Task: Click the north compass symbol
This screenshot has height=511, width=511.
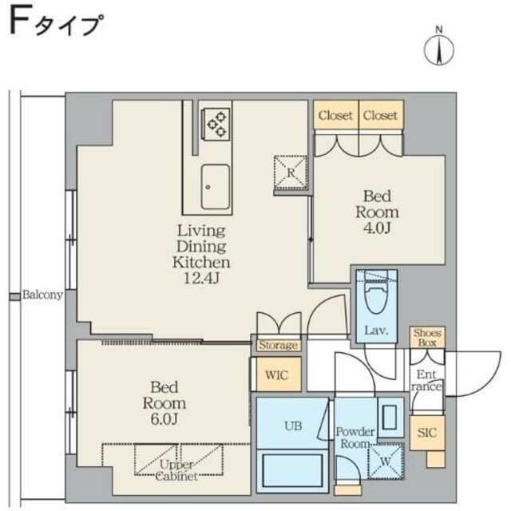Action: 438,47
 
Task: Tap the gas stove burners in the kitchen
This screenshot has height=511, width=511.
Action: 216,123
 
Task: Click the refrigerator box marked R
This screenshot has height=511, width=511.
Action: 291,172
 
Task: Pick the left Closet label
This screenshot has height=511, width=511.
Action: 335,116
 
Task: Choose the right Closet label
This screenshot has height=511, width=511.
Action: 380,116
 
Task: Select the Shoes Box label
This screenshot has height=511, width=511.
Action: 429,338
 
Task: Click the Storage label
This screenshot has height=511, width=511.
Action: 279,346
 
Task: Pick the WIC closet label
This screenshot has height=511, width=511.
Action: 277,375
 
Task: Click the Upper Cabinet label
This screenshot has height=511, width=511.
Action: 172,470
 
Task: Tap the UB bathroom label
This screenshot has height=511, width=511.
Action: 293,426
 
